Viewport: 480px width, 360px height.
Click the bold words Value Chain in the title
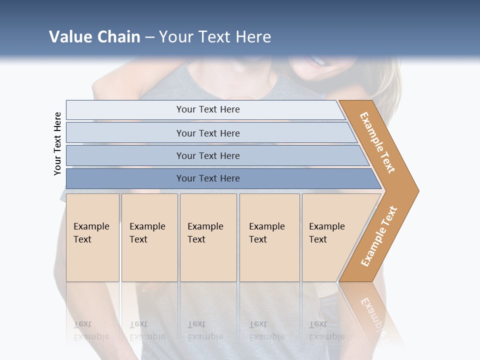(x=94, y=37)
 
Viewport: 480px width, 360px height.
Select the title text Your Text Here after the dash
(x=215, y=37)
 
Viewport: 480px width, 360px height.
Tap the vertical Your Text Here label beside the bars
(x=57, y=143)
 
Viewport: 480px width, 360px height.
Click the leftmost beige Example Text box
(x=92, y=237)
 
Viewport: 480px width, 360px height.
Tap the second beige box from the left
(x=149, y=237)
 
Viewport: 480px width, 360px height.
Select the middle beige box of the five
(x=208, y=237)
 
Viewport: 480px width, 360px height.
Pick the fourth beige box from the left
(x=269, y=237)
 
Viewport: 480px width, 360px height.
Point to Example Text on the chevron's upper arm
(x=377, y=142)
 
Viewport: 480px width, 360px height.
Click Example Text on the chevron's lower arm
(x=379, y=236)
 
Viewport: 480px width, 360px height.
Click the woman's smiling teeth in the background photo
(x=318, y=61)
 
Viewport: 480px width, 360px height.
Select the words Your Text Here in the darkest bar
(x=208, y=178)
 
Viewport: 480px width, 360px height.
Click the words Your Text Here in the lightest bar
(x=208, y=109)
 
